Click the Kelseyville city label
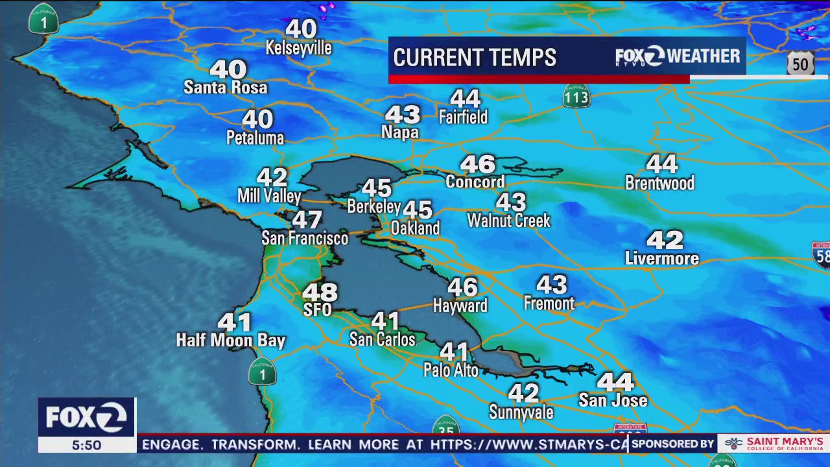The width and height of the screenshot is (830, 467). tap(299, 49)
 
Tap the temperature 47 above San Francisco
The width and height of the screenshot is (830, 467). tap(307, 220)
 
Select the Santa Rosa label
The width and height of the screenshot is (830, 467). tap(226, 88)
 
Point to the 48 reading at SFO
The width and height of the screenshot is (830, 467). tap(320, 293)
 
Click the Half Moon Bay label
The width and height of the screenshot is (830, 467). tap(231, 341)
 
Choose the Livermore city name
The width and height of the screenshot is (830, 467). tap(662, 259)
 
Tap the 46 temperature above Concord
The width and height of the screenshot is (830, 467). tap(478, 164)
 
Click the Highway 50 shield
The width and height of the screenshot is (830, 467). tap(800, 64)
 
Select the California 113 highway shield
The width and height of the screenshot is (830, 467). tap(576, 97)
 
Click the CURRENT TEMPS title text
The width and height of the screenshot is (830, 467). tap(475, 58)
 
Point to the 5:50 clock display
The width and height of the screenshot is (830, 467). tap(86, 446)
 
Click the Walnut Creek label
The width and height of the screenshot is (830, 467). tap(509, 221)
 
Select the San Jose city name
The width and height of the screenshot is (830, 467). tap(613, 401)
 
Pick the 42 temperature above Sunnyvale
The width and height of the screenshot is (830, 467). tap(523, 393)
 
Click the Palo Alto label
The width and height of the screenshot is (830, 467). tap(451, 370)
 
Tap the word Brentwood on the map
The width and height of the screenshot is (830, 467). tap(659, 184)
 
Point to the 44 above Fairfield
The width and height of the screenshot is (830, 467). tap(465, 99)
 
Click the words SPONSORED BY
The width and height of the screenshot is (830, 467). tap(672, 444)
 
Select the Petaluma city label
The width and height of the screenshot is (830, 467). tap(255, 138)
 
